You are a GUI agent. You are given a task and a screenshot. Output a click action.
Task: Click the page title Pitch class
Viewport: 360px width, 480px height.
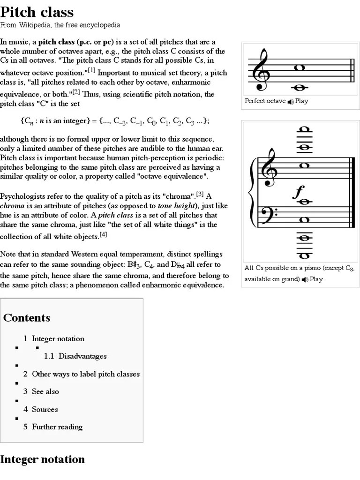pyautogui.click(x=37, y=12)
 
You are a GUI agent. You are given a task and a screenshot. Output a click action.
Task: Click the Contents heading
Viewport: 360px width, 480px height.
pyautogui.click(x=27, y=318)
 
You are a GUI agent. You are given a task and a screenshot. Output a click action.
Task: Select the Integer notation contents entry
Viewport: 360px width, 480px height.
pyautogui.click(x=58, y=338)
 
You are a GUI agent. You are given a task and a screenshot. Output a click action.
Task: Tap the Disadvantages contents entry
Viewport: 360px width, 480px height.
pyautogui.click(x=82, y=356)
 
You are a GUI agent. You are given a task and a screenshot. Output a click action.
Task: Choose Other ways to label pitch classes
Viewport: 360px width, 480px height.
pyautogui.click(x=85, y=374)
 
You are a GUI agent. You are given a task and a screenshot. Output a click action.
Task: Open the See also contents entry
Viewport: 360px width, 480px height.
pyautogui.click(x=45, y=391)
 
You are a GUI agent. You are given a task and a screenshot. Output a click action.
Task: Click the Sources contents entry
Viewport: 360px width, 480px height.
pyautogui.click(x=45, y=409)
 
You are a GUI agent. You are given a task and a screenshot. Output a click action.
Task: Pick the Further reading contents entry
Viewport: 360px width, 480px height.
pyautogui.click(x=57, y=427)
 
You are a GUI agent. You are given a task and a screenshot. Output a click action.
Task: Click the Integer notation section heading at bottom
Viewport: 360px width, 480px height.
pyautogui.click(x=43, y=459)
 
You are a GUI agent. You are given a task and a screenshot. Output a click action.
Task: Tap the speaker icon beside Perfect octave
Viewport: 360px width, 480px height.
pyautogui.click(x=291, y=101)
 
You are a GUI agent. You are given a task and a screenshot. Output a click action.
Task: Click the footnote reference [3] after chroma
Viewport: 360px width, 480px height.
pyautogui.click(x=200, y=194)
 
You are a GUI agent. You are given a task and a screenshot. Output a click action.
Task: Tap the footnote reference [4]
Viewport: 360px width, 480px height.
pyautogui.click(x=104, y=235)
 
